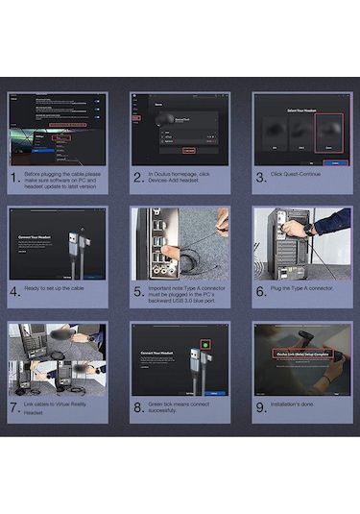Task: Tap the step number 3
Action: coord(262,178)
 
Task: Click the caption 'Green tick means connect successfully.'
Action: coord(184,406)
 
